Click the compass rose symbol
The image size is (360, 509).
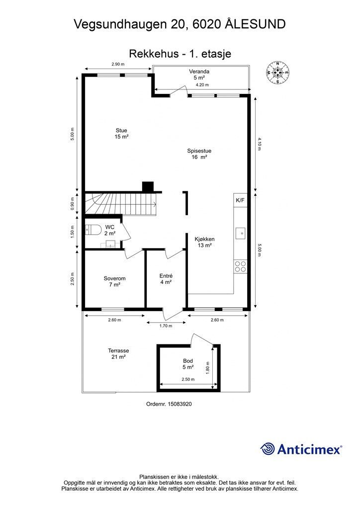[277, 73]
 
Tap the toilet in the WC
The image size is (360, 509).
[92, 230]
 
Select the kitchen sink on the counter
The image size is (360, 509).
[240, 233]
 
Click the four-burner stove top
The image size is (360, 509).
[240, 266]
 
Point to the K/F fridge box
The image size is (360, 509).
[240, 200]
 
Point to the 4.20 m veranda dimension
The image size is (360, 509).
[202, 85]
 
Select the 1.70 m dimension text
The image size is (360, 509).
[166, 326]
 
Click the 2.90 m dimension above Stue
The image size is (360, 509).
[118, 64]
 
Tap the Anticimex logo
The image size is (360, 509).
[301, 449]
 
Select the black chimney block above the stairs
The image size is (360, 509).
[148, 187]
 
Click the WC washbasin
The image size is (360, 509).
[111, 244]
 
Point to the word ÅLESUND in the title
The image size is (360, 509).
[255, 24]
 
